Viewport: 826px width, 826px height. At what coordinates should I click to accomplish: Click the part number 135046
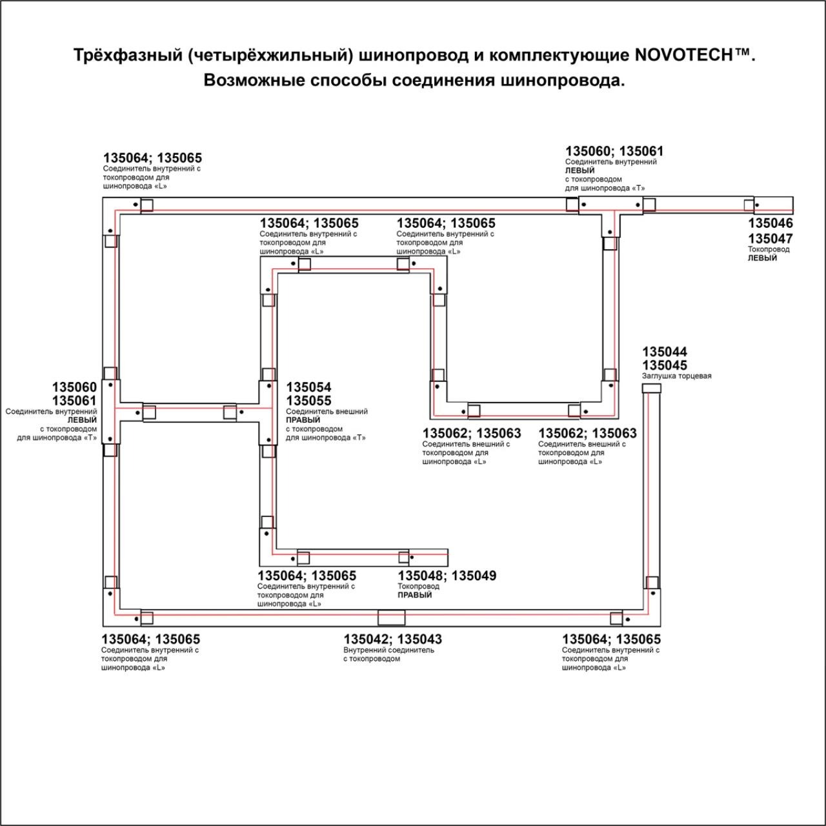(x=770, y=223)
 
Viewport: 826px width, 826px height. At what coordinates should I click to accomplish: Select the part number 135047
(x=770, y=238)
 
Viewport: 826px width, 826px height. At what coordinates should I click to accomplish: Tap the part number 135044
(x=664, y=352)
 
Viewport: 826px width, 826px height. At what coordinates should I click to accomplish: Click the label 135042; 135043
(x=392, y=639)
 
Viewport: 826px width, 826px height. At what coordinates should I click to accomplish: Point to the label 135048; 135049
(x=447, y=576)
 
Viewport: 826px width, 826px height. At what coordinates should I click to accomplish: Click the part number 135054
(x=308, y=387)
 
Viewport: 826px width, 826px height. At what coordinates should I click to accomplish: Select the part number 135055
(x=308, y=401)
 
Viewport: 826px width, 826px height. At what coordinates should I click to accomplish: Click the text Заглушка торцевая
(x=676, y=376)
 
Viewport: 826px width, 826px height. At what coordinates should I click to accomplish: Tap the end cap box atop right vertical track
(x=651, y=388)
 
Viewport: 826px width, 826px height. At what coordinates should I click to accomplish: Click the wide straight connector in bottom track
(x=391, y=618)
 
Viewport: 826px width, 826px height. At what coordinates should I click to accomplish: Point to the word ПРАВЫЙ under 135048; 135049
(x=414, y=595)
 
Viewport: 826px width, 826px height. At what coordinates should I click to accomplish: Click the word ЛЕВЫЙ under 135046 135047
(x=762, y=258)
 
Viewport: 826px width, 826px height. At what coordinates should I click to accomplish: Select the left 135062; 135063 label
(x=471, y=434)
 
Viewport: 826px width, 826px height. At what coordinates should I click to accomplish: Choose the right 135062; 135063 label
(x=587, y=434)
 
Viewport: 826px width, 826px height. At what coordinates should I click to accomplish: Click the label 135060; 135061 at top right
(x=614, y=151)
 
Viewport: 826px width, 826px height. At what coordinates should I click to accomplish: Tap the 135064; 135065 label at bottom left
(x=150, y=639)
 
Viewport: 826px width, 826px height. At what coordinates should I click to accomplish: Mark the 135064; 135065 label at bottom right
(x=611, y=639)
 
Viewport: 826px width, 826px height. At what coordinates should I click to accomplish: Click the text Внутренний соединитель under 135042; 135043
(x=388, y=650)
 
